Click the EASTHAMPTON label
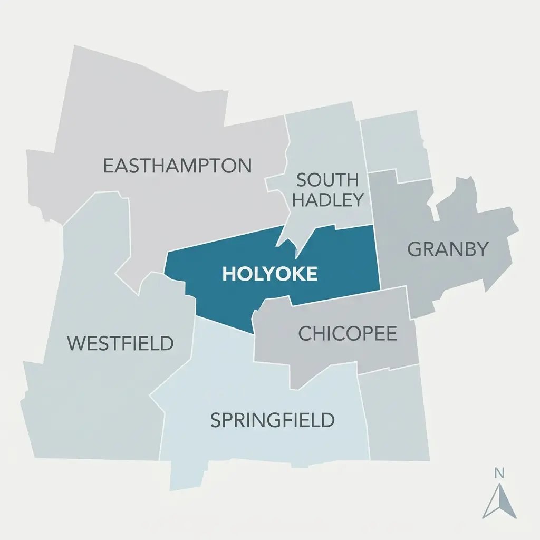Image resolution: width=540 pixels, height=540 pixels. click(x=177, y=166)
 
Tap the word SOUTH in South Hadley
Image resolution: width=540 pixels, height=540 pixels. click(x=327, y=180)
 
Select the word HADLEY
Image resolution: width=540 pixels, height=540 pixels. click(x=327, y=200)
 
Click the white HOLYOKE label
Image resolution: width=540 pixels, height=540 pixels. click(x=270, y=274)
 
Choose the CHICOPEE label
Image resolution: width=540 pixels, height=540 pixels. click(x=348, y=333)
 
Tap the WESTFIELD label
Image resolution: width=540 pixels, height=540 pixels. click(x=120, y=343)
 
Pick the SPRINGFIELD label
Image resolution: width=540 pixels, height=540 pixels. click(x=272, y=420)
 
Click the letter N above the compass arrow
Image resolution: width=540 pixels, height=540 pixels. click(x=499, y=473)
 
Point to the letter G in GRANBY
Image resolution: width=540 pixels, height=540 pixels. click(x=416, y=249)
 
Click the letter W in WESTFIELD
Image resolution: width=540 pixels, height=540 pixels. click(x=76, y=343)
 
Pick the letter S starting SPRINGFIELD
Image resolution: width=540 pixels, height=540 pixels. click(x=216, y=421)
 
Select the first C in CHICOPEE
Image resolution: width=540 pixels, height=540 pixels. click(x=305, y=333)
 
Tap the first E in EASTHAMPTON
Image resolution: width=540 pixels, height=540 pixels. click(x=108, y=166)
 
